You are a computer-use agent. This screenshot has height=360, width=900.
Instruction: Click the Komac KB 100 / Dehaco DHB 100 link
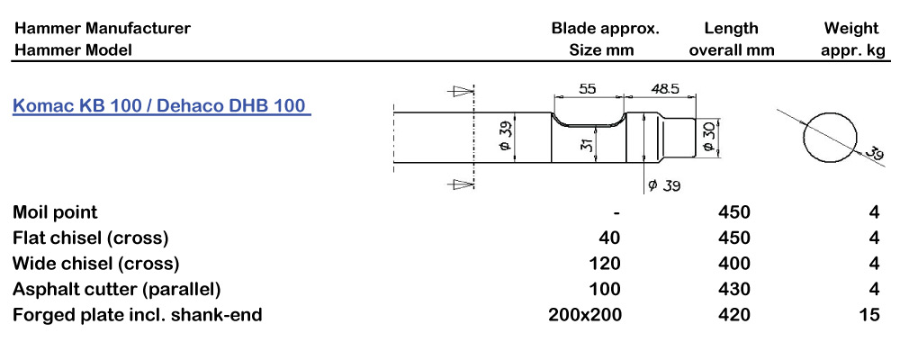pyautogui.click(x=161, y=106)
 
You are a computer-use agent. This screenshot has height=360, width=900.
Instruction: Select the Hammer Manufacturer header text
pyautogui.click(x=102, y=28)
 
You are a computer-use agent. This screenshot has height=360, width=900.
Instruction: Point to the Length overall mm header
pyautogui.click(x=731, y=39)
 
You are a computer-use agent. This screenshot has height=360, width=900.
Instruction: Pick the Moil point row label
pyautogui.click(x=55, y=212)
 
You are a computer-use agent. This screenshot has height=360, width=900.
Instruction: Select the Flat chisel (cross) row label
pyautogui.click(x=90, y=238)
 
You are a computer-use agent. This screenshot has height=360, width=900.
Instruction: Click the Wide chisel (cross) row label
pyautogui.click(x=95, y=264)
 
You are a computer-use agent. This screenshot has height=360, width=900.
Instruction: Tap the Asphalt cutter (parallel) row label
pyautogui.click(x=116, y=289)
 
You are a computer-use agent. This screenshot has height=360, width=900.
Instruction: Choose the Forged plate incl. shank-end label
pyautogui.click(x=137, y=315)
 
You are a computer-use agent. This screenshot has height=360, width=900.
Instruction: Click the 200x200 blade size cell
pyautogui.click(x=584, y=315)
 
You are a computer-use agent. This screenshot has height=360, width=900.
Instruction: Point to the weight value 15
pyautogui.click(x=868, y=315)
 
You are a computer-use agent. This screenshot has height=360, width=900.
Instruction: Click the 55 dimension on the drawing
pyautogui.click(x=588, y=89)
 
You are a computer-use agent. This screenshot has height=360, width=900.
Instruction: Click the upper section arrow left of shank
pyautogui.click(x=461, y=91)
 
